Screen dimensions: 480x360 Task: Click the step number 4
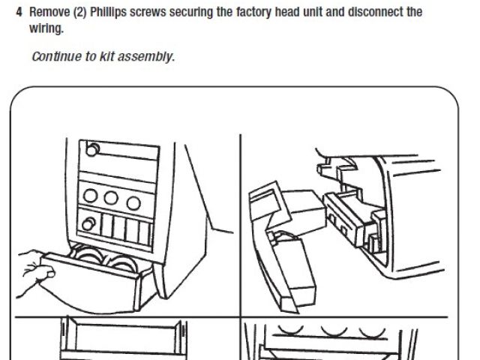click(19, 13)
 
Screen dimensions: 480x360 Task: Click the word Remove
click(48, 13)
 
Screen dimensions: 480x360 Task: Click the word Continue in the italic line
click(54, 57)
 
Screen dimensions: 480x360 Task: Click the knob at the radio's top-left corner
click(91, 150)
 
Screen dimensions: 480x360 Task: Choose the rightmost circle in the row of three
click(133, 202)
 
